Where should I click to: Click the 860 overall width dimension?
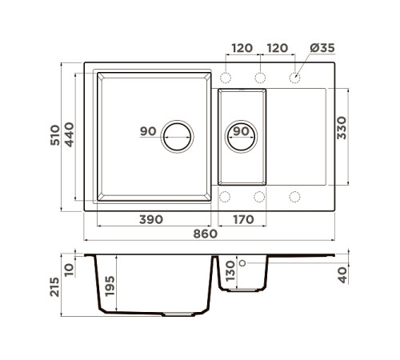coord(205,234)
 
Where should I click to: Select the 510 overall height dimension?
coord(55,135)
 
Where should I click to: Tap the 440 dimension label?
coord(69,134)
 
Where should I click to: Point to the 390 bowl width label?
coord(151,219)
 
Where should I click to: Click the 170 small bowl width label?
coord(243,219)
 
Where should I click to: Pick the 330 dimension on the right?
coord(342,128)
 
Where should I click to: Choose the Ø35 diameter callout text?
coord(322,48)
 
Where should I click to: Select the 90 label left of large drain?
coord(148,131)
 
